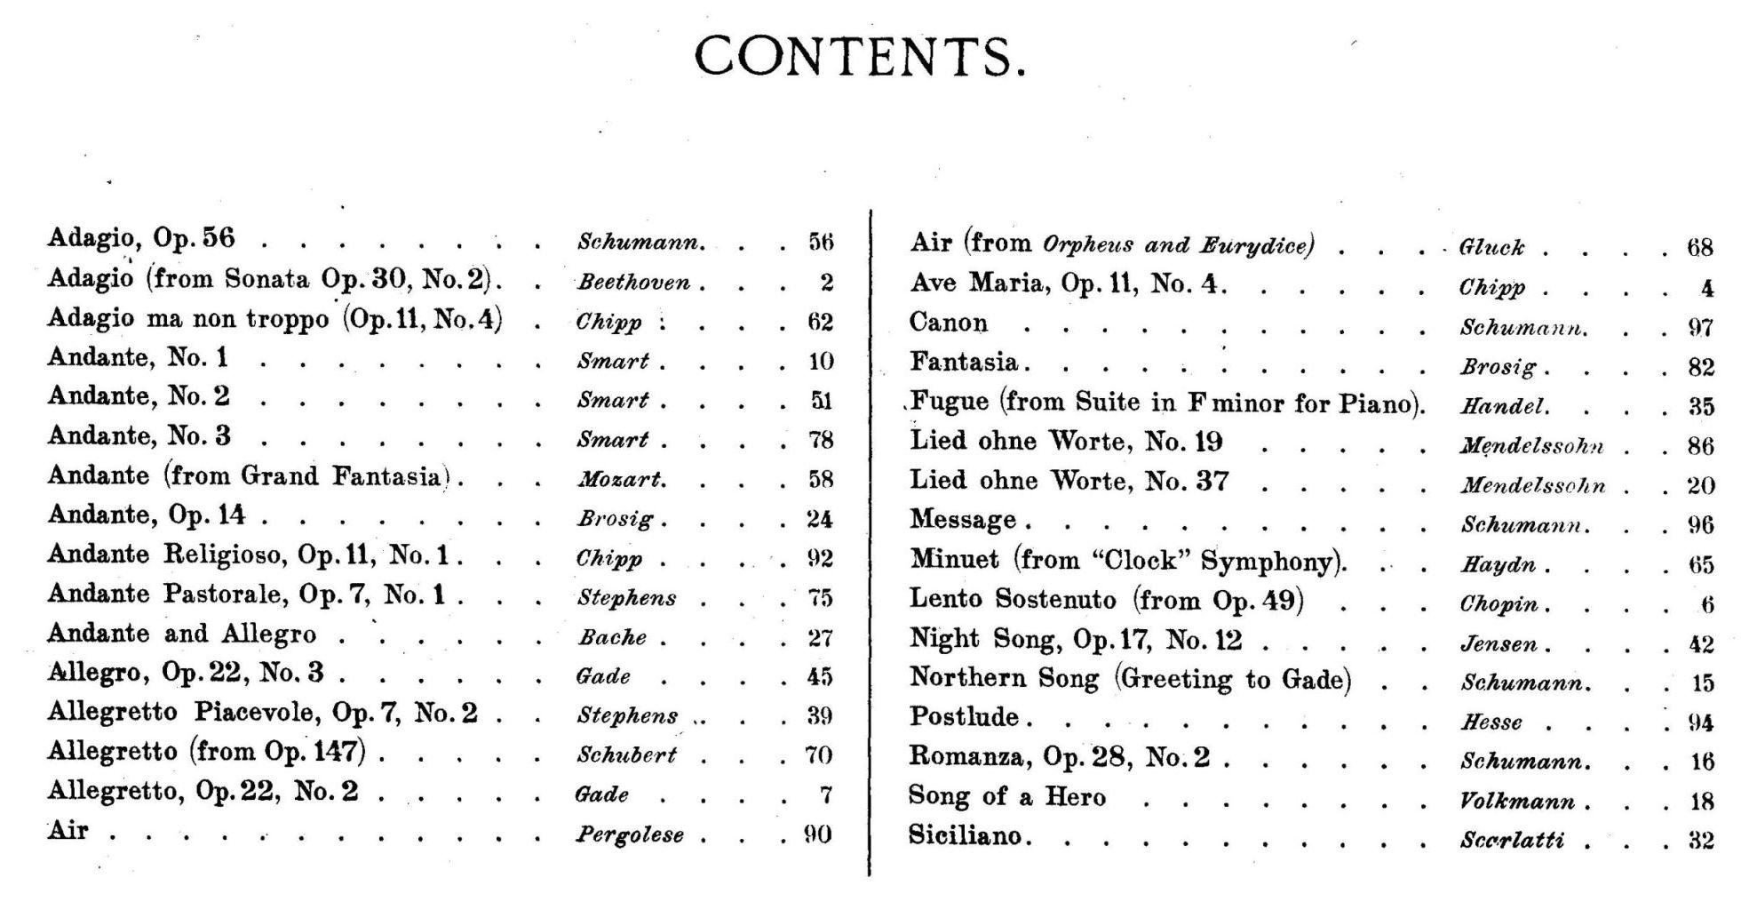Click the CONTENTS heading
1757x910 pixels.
click(x=859, y=56)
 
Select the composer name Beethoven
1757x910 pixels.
click(x=633, y=283)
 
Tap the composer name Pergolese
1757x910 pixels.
click(x=630, y=834)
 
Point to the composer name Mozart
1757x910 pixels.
click(x=621, y=480)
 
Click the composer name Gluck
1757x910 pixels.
click(x=1491, y=247)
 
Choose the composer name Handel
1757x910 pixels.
click(x=1504, y=407)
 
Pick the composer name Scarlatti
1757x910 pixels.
click(x=1512, y=840)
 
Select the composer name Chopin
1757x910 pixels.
click(x=1499, y=604)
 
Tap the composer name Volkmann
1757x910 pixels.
click(x=1517, y=802)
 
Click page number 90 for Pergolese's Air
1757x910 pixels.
click(x=817, y=834)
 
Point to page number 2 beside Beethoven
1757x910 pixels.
click(x=826, y=283)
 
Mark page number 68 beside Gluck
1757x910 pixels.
click(x=1699, y=247)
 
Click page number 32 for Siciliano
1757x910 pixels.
click(x=1700, y=840)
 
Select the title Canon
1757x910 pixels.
click(x=948, y=323)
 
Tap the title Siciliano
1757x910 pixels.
click(x=965, y=835)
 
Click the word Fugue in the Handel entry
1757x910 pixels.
click(x=949, y=402)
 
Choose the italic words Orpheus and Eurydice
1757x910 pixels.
click(x=1177, y=244)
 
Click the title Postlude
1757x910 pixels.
click(x=964, y=716)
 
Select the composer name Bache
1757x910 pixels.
click(x=612, y=637)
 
